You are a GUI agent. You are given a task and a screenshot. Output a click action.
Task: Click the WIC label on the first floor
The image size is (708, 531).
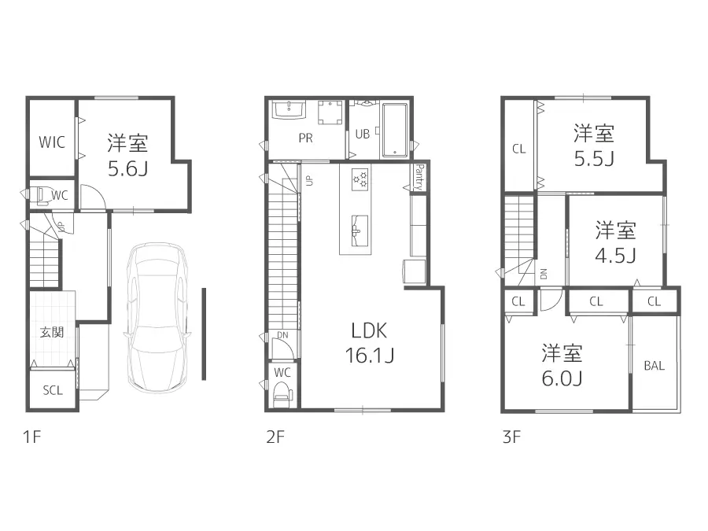pyautogui.click(x=52, y=142)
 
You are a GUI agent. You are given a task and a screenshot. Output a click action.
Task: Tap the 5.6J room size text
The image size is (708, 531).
pyautogui.click(x=127, y=169)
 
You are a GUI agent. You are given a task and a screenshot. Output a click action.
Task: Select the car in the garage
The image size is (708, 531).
pyautogui.click(x=157, y=317)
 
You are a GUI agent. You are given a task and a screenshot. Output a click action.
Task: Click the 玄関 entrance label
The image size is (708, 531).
pyautogui.click(x=52, y=332)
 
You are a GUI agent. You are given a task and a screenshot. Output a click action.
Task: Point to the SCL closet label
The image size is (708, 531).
pyautogui.click(x=52, y=391)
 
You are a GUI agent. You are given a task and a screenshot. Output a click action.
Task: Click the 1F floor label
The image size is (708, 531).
pyautogui.click(x=31, y=438)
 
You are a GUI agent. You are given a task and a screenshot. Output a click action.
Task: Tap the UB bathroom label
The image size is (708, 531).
pyautogui.click(x=362, y=134)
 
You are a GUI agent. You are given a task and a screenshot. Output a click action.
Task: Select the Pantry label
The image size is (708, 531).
pyautogui.click(x=419, y=176)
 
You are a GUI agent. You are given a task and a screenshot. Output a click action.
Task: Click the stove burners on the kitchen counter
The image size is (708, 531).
pyautogui.click(x=360, y=179)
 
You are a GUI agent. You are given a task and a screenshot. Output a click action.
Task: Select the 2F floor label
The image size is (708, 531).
pyautogui.click(x=275, y=438)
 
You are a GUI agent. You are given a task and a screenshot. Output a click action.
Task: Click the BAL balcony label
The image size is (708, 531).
pyautogui.click(x=654, y=366)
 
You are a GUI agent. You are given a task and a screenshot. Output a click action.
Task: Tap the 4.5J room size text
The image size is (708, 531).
pyautogui.click(x=615, y=256)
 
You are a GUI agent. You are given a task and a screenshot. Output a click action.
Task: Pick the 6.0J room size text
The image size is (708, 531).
pyautogui.click(x=561, y=378)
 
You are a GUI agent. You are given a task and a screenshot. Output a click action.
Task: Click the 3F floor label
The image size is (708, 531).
pyautogui.click(x=511, y=438)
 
